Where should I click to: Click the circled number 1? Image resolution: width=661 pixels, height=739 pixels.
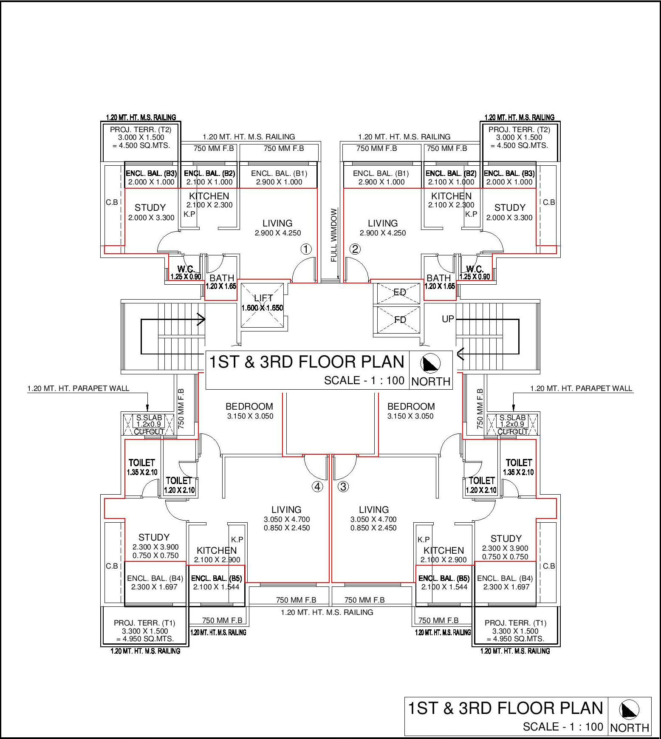tap(306, 249)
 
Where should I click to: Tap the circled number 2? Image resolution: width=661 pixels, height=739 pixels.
tap(355, 249)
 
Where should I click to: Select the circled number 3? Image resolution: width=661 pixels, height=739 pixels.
tap(343, 487)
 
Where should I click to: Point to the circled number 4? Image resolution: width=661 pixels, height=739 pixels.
tap(318, 487)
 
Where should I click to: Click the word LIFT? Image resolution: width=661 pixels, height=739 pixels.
tap(263, 298)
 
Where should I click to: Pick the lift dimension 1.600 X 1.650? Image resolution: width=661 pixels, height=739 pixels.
tap(262, 308)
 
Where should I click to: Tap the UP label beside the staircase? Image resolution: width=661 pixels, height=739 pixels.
tap(448, 319)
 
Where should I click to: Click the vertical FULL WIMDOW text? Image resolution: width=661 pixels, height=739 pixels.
tap(334, 235)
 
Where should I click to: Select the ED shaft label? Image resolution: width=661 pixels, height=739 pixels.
tap(400, 292)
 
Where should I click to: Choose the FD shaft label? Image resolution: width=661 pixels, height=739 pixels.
tap(400, 320)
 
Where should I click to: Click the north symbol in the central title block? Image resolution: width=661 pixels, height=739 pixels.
tap(430, 364)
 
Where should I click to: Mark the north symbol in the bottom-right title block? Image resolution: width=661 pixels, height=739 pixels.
tap(629, 710)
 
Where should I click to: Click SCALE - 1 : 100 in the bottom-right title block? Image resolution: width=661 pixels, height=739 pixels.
tap(563, 727)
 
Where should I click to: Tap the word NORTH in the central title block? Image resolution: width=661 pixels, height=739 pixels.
tap(431, 382)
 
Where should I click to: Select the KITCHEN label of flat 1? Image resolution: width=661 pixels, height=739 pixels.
tap(209, 196)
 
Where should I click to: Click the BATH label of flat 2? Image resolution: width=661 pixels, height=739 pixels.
tap(438, 278)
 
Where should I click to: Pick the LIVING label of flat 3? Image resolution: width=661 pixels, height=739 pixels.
tap(374, 510)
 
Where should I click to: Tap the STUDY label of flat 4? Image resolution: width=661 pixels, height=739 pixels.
tap(154, 537)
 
